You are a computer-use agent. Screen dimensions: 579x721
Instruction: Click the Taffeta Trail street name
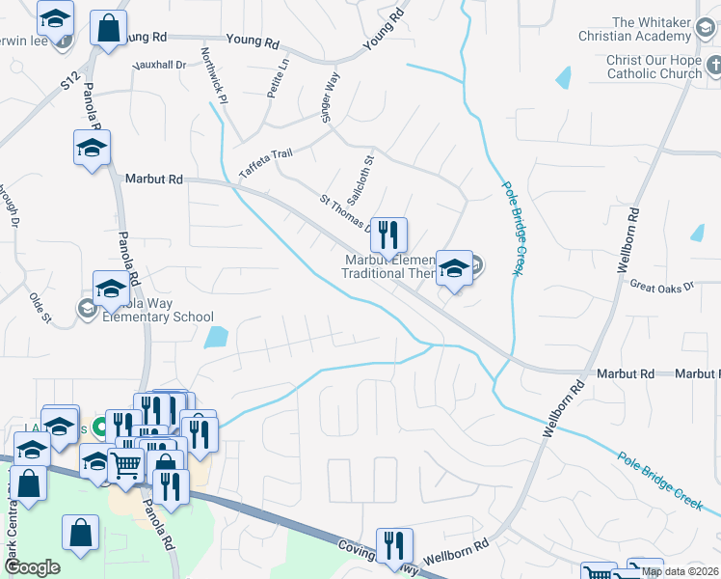pos(264,161)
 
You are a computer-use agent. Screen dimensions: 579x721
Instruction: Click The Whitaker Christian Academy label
pos(652,29)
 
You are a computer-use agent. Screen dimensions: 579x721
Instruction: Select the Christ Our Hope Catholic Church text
pos(654,67)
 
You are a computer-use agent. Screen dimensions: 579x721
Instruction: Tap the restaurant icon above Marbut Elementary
pos(388,234)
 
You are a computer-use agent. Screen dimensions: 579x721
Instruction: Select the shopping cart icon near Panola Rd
pos(126,464)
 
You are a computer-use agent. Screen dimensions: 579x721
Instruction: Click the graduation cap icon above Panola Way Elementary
pos(111,288)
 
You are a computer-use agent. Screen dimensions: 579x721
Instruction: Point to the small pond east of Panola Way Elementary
pos(217,337)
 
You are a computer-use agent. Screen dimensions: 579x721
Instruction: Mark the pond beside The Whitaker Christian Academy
pos(563,78)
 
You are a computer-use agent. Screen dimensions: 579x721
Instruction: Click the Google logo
pos(32,568)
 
